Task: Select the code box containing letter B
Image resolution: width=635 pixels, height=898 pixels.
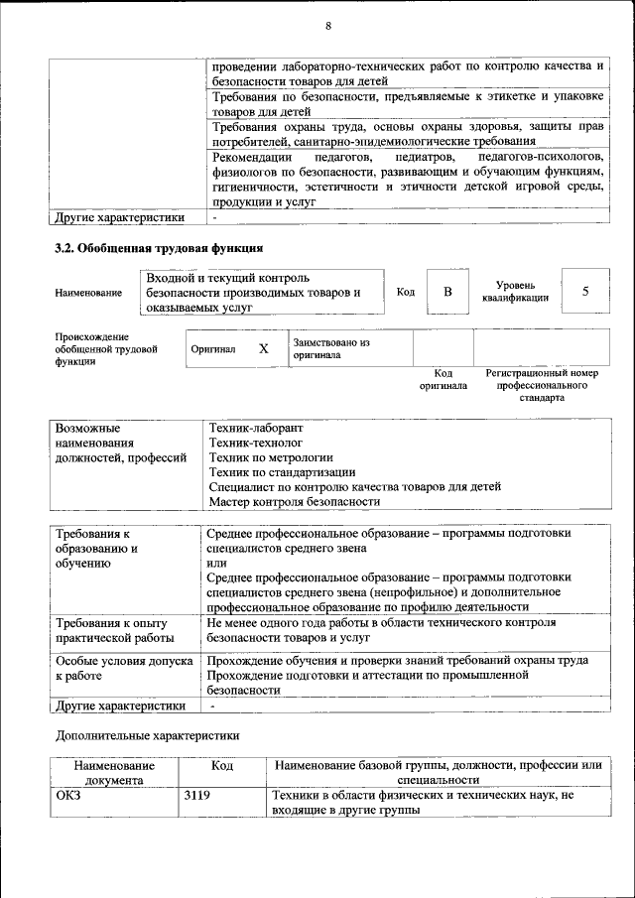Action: pyautogui.click(x=447, y=292)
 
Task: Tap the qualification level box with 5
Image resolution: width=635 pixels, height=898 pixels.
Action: pyautogui.click(x=585, y=292)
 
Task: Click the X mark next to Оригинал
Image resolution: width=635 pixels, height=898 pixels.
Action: pyautogui.click(x=263, y=349)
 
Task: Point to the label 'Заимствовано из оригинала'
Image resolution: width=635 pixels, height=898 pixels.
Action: pyautogui.click(x=330, y=348)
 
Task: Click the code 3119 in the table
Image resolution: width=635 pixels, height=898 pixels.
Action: pyautogui.click(x=197, y=796)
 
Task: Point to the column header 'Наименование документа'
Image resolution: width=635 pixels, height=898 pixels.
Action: pyautogui.click(x=113, y=773)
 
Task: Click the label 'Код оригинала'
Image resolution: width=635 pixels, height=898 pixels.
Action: pyautogui.click(x=443, y=379)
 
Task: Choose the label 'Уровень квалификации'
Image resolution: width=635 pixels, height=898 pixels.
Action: pyautogui.click(x=517, y=291)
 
